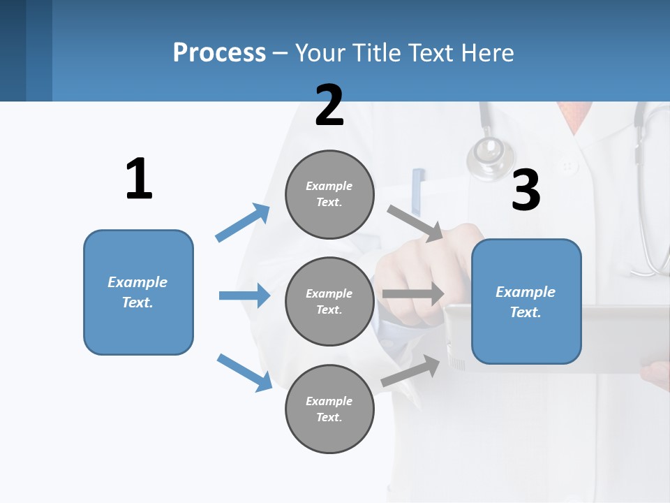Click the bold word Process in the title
pos(219,52)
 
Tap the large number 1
pos(139,179)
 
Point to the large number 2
pos(329,105)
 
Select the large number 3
pos(526,190)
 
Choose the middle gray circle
pos(329,302)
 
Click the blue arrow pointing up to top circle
pos(243,222)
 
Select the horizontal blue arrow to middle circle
pos(244,296)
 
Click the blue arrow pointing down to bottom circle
pos(244,372)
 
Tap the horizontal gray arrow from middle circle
pos(412,294)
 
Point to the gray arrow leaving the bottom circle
pos(411,370)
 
